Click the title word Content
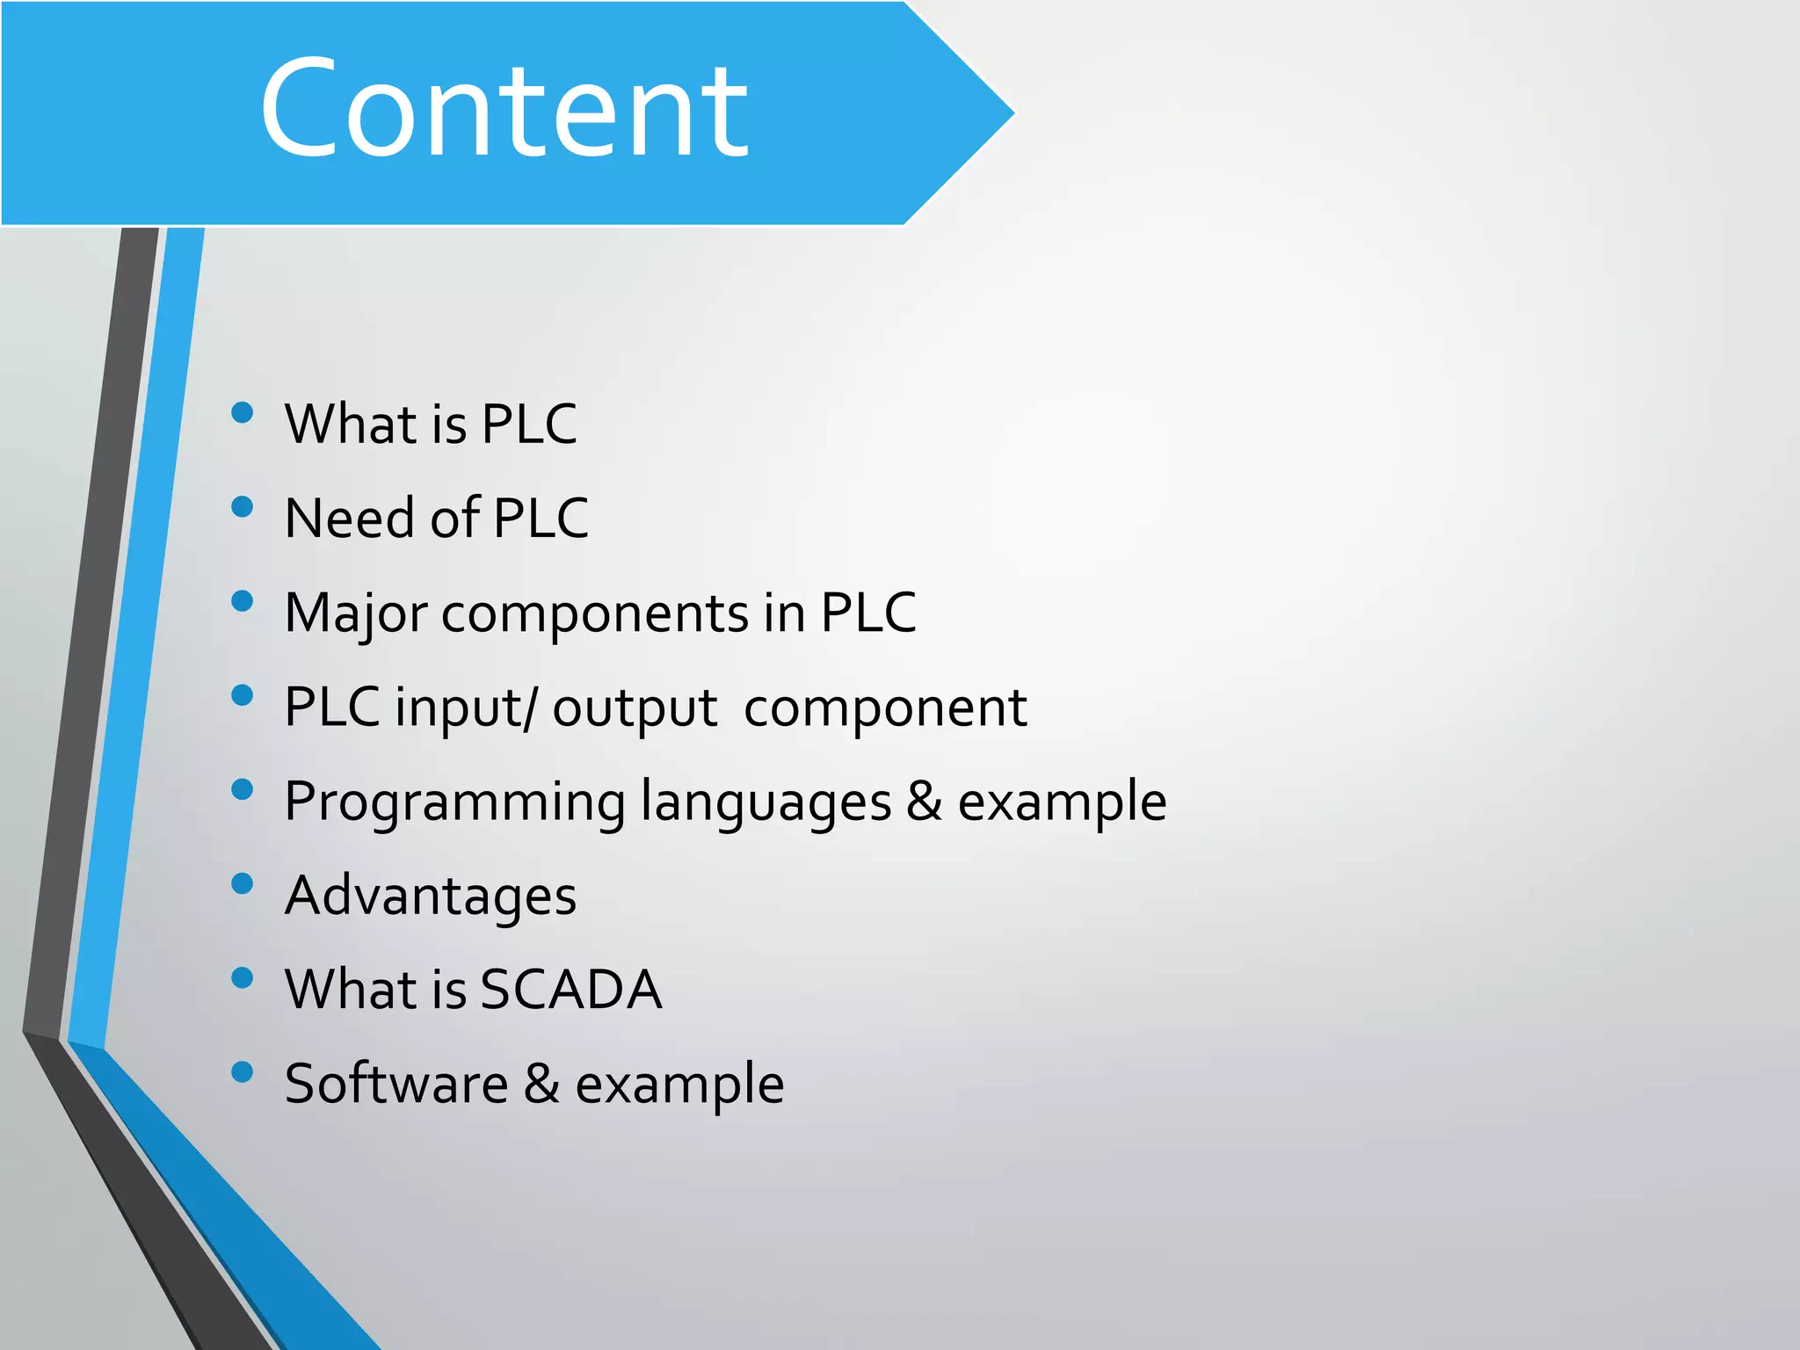pyautogui.click(x=504, y=109)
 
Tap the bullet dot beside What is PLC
pyautogui.click(x=242, y=412)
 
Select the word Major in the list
pyautogui.click(x=356, y=613)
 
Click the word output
pyautogui.click(x=635, y=708)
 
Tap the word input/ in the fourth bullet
pyautogui.click(x=465, y=708)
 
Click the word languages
pyautogui.click(x=766, y=802)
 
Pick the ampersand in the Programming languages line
pyautogui.click(x=924, y=801)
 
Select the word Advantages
pyautogui.click(x=431, y=896)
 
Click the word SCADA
pyautogui.click(x=571, y=990)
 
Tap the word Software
pyautogui.click(x=396, y=1084)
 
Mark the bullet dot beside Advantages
pyautogui.click(x=242, y=883)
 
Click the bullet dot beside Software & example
pyautogui.click(x=242, y=1071)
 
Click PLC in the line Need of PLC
pyautogui.click(x=541, y=518)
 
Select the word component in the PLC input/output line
pyautogui.click(x=885, y=708)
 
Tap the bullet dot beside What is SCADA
pyautogui.click(x=242, y=977)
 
